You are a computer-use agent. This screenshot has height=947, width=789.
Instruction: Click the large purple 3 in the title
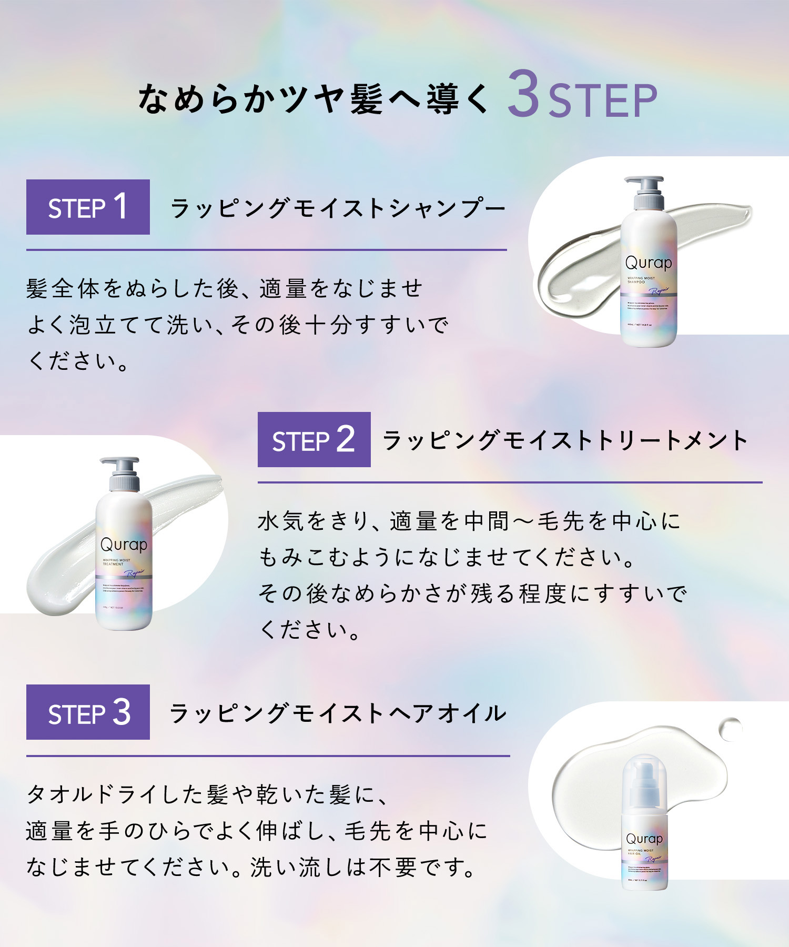coord(525,94)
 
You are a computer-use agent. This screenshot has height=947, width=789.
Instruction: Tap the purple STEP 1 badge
coord(88,207)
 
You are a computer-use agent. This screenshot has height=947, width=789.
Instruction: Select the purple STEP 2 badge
coord(314,440)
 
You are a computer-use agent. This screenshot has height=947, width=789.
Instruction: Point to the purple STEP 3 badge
coord(88,712)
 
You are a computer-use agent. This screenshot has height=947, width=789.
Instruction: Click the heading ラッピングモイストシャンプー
coord(338,208)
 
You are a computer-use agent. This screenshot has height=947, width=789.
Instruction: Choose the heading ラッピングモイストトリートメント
coord(565,440)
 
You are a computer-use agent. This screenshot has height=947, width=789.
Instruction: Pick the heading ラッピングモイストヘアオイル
coord(338,713)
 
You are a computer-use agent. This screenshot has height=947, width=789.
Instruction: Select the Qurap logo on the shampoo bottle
coord(649,263)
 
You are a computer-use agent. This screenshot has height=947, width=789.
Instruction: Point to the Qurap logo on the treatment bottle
coord(124,545)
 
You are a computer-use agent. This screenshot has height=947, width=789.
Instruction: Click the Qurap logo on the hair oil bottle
coord(644,838)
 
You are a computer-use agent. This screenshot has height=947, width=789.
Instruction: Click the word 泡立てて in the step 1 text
coord(117,325)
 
